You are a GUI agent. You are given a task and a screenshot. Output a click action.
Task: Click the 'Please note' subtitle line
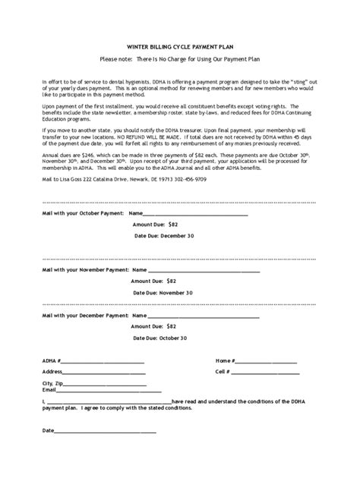pos(180,59)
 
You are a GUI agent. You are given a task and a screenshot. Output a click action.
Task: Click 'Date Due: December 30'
pos(164,236)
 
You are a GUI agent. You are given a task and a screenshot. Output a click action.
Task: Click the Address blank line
pos(104,373)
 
